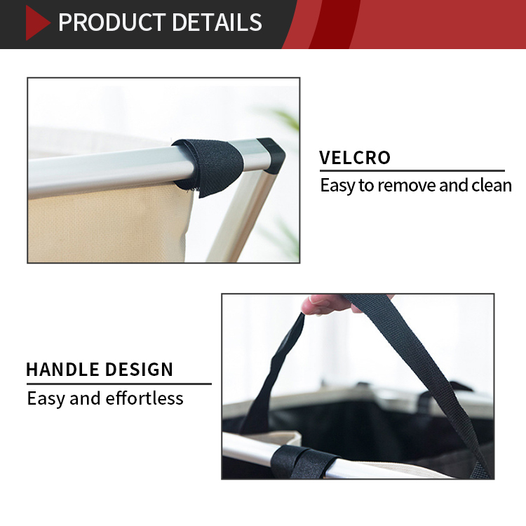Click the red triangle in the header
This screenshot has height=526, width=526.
pos(36,23)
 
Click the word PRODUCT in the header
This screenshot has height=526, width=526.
pos(112,22)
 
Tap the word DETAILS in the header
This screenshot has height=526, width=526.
pos(217,22)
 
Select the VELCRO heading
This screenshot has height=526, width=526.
pos(355,157)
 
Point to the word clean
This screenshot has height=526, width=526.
pos(492,185)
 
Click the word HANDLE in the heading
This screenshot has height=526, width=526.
pos(62,370)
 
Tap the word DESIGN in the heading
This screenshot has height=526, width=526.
pos(139,370)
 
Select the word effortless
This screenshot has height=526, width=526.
pos(144,398)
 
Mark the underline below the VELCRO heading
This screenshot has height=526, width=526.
pos(412,170)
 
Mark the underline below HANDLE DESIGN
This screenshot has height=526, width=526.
pos(119,384)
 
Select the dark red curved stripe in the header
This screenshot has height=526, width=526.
pos(334,24)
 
